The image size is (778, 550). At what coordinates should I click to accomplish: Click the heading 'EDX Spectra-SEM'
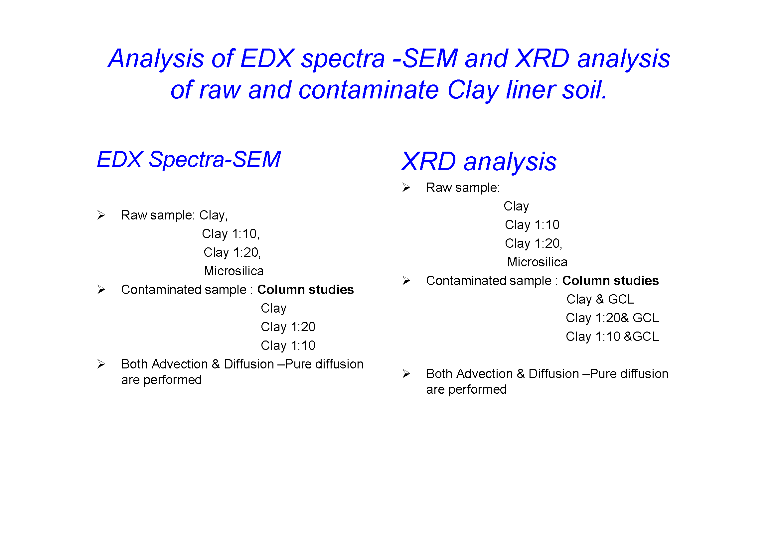pyautogui.click(x=189, y=160)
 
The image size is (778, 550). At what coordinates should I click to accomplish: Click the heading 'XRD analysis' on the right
pyautogui.click(x=479, y=162)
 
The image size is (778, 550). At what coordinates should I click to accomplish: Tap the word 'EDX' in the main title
pyautogui.click(x=267, y=59)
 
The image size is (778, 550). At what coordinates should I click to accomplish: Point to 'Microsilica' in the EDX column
pyautogui.click(x=234, y=271)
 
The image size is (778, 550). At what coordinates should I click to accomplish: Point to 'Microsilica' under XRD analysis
pyautogui.click(x=537, y=262)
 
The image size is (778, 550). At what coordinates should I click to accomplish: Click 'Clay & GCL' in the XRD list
pyautogui.click(x=600, y=299)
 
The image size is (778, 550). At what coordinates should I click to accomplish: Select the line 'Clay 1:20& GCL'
pyautogui.click(x=612, y=318)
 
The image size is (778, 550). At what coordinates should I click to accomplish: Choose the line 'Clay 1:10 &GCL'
pyautogui.click(x=612, y=337)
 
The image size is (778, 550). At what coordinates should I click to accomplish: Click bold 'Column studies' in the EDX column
pyautogui.click(x=305, y=290)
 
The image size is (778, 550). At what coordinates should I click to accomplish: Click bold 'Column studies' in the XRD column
pyautogui.click(x=610, y=281)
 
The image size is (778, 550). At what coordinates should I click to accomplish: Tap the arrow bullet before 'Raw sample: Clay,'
pyautogui.click(x=101, y=215)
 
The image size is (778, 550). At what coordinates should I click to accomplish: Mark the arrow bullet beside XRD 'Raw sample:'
pyautogui.click(x=406, y=187)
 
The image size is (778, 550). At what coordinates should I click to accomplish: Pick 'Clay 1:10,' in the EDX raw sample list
pyautogui.click(x=231, y=234)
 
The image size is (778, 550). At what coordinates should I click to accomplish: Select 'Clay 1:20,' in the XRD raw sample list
pyautogui.click(x=533, y=243)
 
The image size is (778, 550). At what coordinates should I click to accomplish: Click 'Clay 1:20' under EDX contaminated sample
pyautogui.click(x=288, y=327)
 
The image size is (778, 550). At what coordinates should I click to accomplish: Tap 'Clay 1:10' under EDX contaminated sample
pyautogui.click(x=288, y=346)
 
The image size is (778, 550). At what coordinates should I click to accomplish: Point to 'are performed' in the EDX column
pyautogui.click(x=161, y=380)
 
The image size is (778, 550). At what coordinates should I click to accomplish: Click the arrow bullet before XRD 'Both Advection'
pyautogui.click(x=406, y=373)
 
